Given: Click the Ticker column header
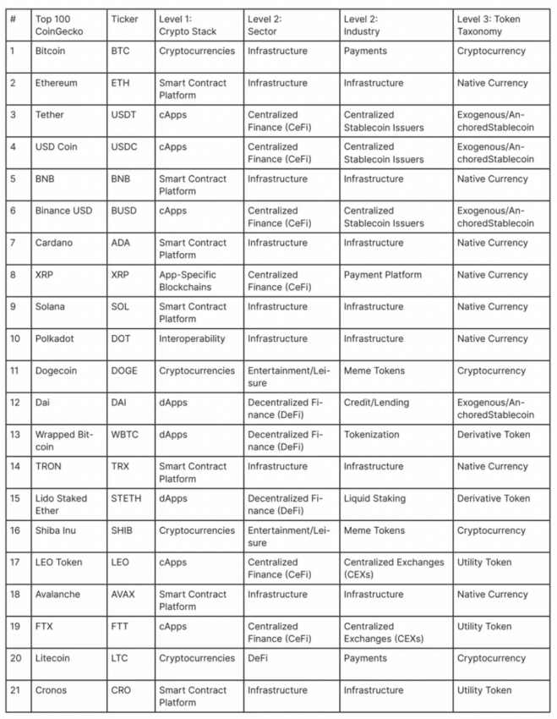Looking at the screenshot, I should tap(124, 19).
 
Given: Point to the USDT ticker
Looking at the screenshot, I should tap(125, 115).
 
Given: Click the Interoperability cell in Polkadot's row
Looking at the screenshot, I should tap(192, 338).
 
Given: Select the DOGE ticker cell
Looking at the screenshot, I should tap(126, 370).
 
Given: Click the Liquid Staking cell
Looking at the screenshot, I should tap(374, 498).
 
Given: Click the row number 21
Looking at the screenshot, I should tap(14, 690).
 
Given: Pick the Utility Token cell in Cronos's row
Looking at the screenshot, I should tap(483, 690).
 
